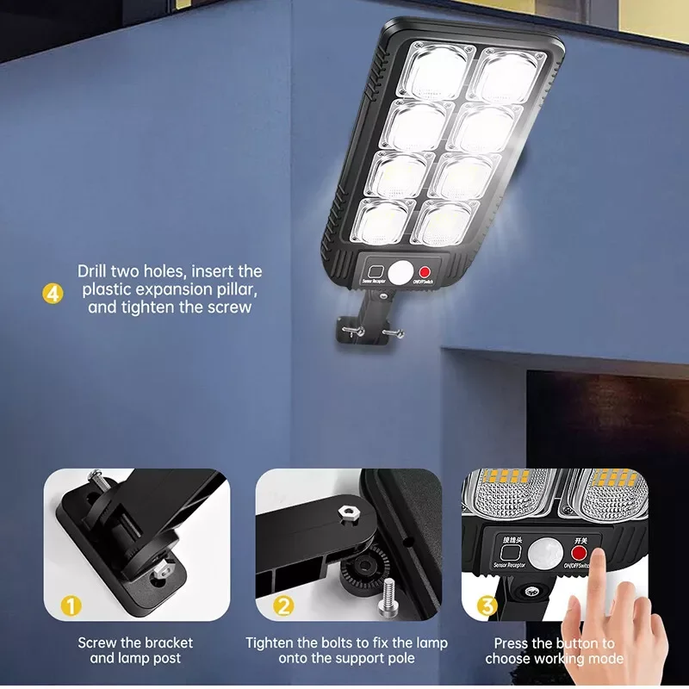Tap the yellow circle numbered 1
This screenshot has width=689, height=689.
click(x=71, y=606)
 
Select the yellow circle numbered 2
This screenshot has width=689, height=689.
click(x=284, y=606)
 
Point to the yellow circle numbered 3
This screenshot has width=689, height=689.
click(x=487, y=606)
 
